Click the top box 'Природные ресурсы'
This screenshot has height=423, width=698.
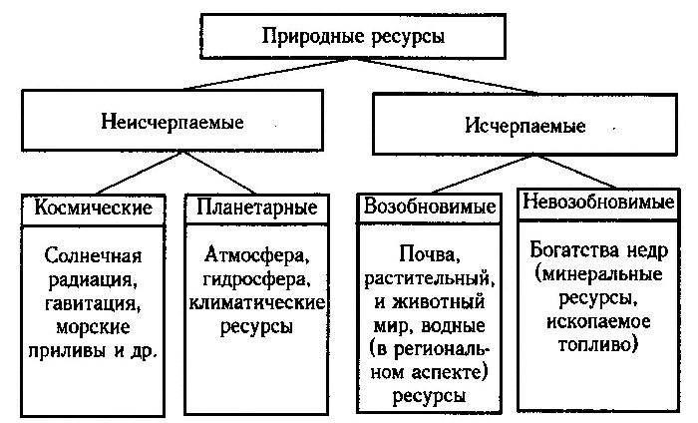352,37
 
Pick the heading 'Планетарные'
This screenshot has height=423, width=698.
257,209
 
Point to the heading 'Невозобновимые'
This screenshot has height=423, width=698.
597,203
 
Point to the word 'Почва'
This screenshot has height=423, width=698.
416,253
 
